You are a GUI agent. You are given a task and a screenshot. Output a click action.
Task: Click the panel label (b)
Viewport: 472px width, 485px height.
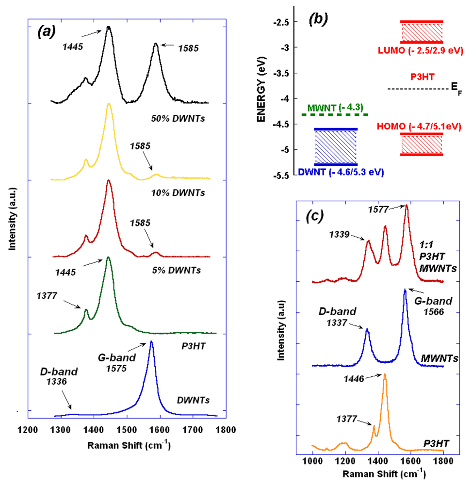tap(318, 19)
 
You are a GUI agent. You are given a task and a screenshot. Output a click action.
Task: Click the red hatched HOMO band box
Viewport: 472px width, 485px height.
tap(421, 145)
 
